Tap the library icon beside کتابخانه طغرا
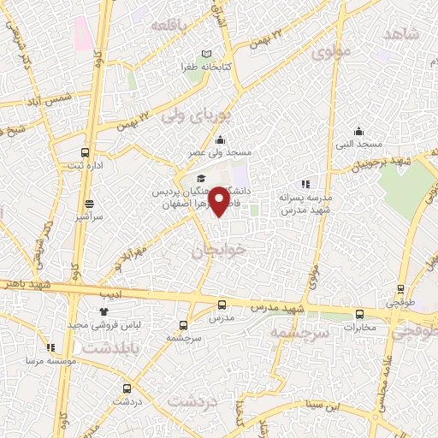click(206, 54)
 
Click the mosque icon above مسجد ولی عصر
click(221, 141)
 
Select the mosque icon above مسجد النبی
click(358, 132)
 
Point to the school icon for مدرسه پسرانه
click(305, 184)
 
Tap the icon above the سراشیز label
click(90, 204)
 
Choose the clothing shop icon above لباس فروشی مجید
click(104, 311)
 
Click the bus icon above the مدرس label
click(222, 305)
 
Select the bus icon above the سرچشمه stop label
click(183, 325)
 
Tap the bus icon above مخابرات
click(359, 314)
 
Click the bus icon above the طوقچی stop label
click(397, 292)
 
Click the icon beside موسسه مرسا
click(50, 347)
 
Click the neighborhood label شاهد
click(400, 34)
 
